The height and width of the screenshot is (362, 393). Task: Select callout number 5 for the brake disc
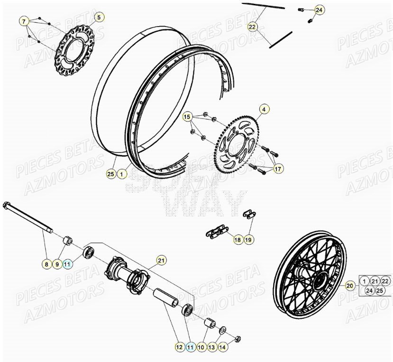(x=99, y=18)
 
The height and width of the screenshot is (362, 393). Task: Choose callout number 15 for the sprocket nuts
(x=187, y=116)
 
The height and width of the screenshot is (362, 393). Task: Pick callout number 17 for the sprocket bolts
(x=277, y=168)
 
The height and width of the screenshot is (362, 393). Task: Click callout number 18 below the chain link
(x=238, y=240)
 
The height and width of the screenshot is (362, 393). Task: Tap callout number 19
(x=248, y=240)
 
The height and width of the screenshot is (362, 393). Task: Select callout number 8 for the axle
(x=46, y=264)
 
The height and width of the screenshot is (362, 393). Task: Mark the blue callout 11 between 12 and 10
(x=190, y=347)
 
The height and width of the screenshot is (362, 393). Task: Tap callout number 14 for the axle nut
(x=222, y=347)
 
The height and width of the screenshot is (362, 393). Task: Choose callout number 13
(x=211, y=347)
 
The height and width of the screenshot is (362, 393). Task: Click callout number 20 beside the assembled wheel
(x=350, y=286)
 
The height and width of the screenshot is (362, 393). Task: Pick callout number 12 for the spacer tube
(x=179, y=347)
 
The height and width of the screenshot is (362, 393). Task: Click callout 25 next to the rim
(x=111, y=174)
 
